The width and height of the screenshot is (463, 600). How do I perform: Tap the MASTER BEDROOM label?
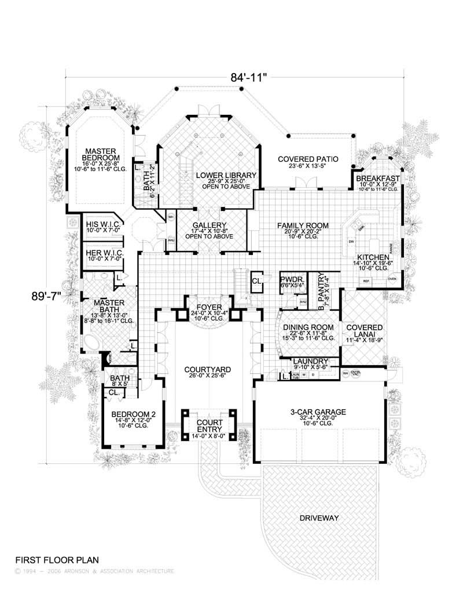click(100, 154)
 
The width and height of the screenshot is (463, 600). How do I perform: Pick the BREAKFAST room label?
click(377, 178)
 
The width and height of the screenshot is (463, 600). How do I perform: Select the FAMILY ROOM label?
click(303, 225)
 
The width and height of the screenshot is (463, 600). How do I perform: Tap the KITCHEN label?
click(372, 257)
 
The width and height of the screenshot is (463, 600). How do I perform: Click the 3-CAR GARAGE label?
click(318, 412)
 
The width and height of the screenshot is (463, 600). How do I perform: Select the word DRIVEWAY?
click(319, 517)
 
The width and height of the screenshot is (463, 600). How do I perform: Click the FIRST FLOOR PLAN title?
click(57, 560)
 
